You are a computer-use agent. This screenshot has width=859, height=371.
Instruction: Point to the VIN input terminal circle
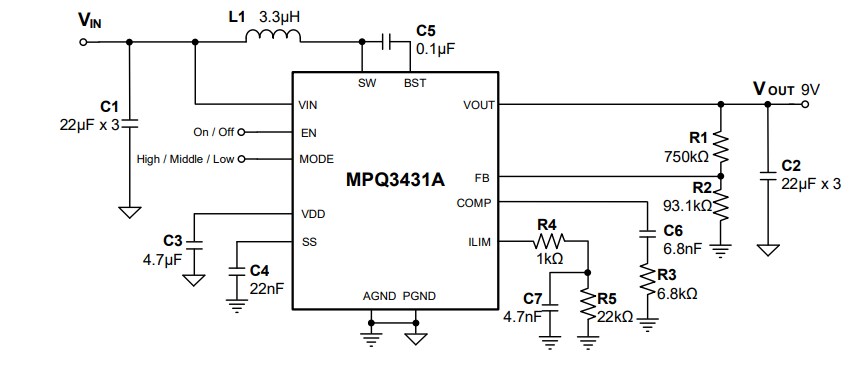83,42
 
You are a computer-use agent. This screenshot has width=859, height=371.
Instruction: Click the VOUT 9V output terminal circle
806,104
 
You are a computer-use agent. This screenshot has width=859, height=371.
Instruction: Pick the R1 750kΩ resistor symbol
721,145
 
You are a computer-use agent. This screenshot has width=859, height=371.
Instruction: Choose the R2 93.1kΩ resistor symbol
721,208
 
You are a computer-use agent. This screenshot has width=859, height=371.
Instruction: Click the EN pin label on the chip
308,131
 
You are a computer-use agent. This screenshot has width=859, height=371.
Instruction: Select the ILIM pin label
478,241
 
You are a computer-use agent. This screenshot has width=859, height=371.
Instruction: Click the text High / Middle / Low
185,158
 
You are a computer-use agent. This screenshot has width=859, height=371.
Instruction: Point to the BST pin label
414,83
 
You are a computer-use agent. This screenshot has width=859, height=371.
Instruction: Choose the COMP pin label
474,202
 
